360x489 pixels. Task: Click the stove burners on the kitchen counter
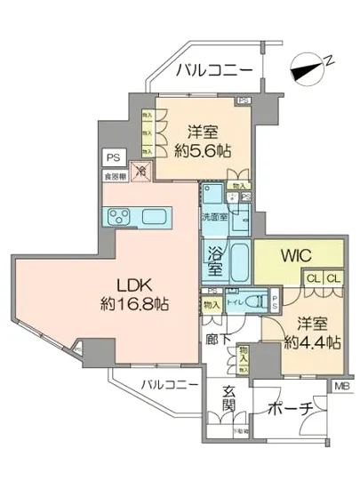click(116, 217)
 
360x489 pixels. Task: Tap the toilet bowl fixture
click(250, 301)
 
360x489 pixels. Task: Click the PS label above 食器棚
click(111, 159)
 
